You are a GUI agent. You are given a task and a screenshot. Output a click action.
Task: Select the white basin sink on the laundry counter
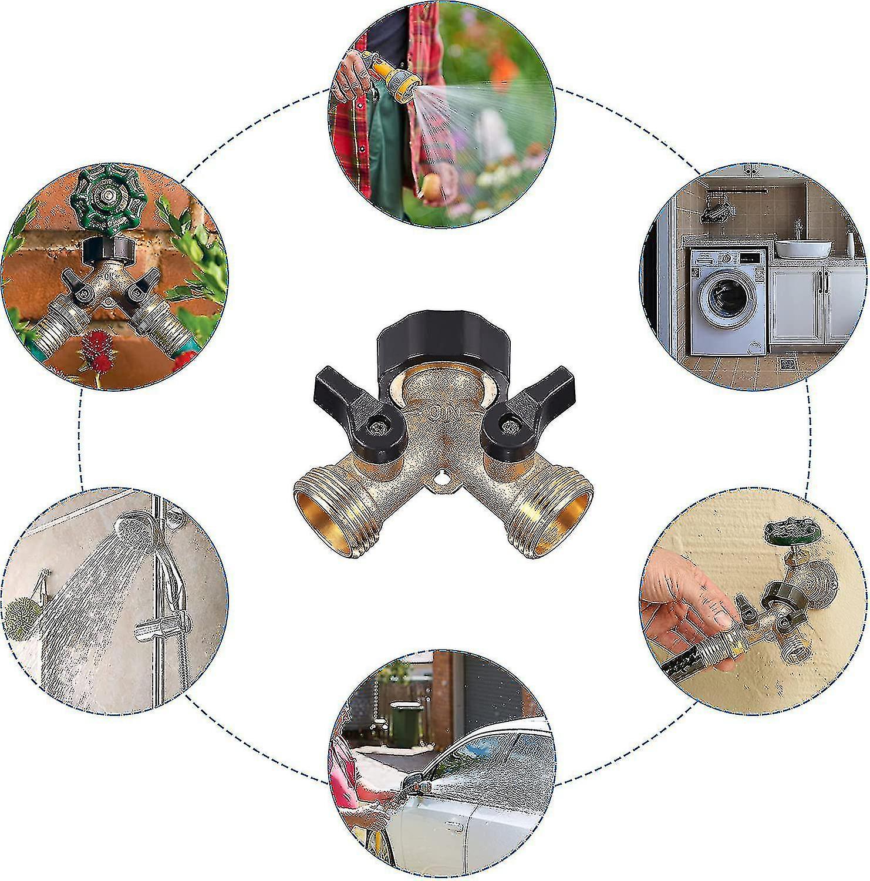[x=802, y=248]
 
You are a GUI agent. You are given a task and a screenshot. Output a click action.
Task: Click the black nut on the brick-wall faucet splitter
[x=109, y=250]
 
